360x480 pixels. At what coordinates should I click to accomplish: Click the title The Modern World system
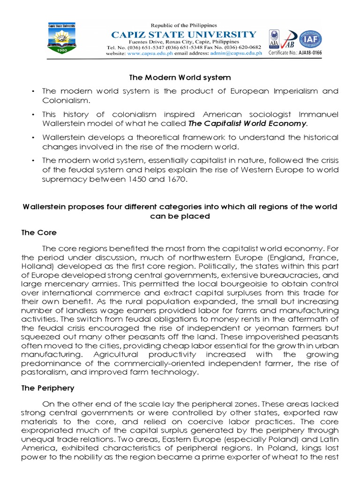coord(180,77)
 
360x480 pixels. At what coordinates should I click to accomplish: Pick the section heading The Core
coord(39,232)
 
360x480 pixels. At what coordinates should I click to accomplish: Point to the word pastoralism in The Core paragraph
coord(43,372)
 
